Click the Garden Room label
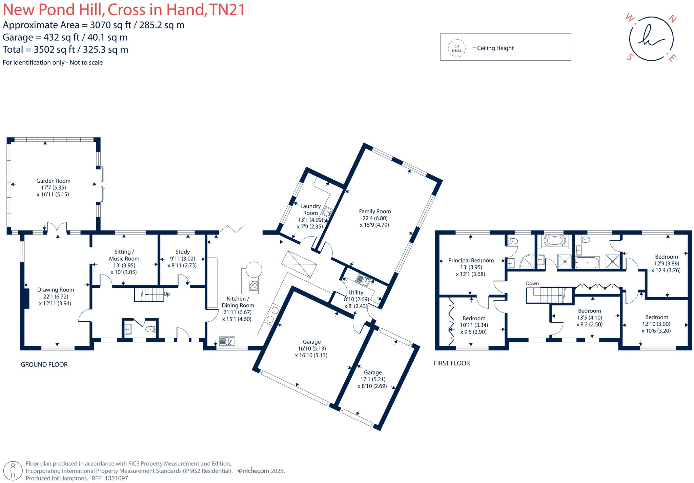[x=53, y=181]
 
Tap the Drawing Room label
[x=56, y=290]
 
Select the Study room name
[x=182, y=252]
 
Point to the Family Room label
[x=375, y=212]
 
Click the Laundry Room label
[x=310, y=209]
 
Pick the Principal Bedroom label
[x=471, y=261]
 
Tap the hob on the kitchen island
[x=253, y=286]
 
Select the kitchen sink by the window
[x=227, y=341]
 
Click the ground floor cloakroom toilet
[x=150, y=329]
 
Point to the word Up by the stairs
[x=166, y=294]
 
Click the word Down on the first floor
[x=532, y=283]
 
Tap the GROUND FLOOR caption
[x=44, y=365]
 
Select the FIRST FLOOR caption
[x=452, y=363]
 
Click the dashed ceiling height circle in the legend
[x=456, y=48]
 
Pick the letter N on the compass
[x=672, y=19]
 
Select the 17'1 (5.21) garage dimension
[x=372, y=379]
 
